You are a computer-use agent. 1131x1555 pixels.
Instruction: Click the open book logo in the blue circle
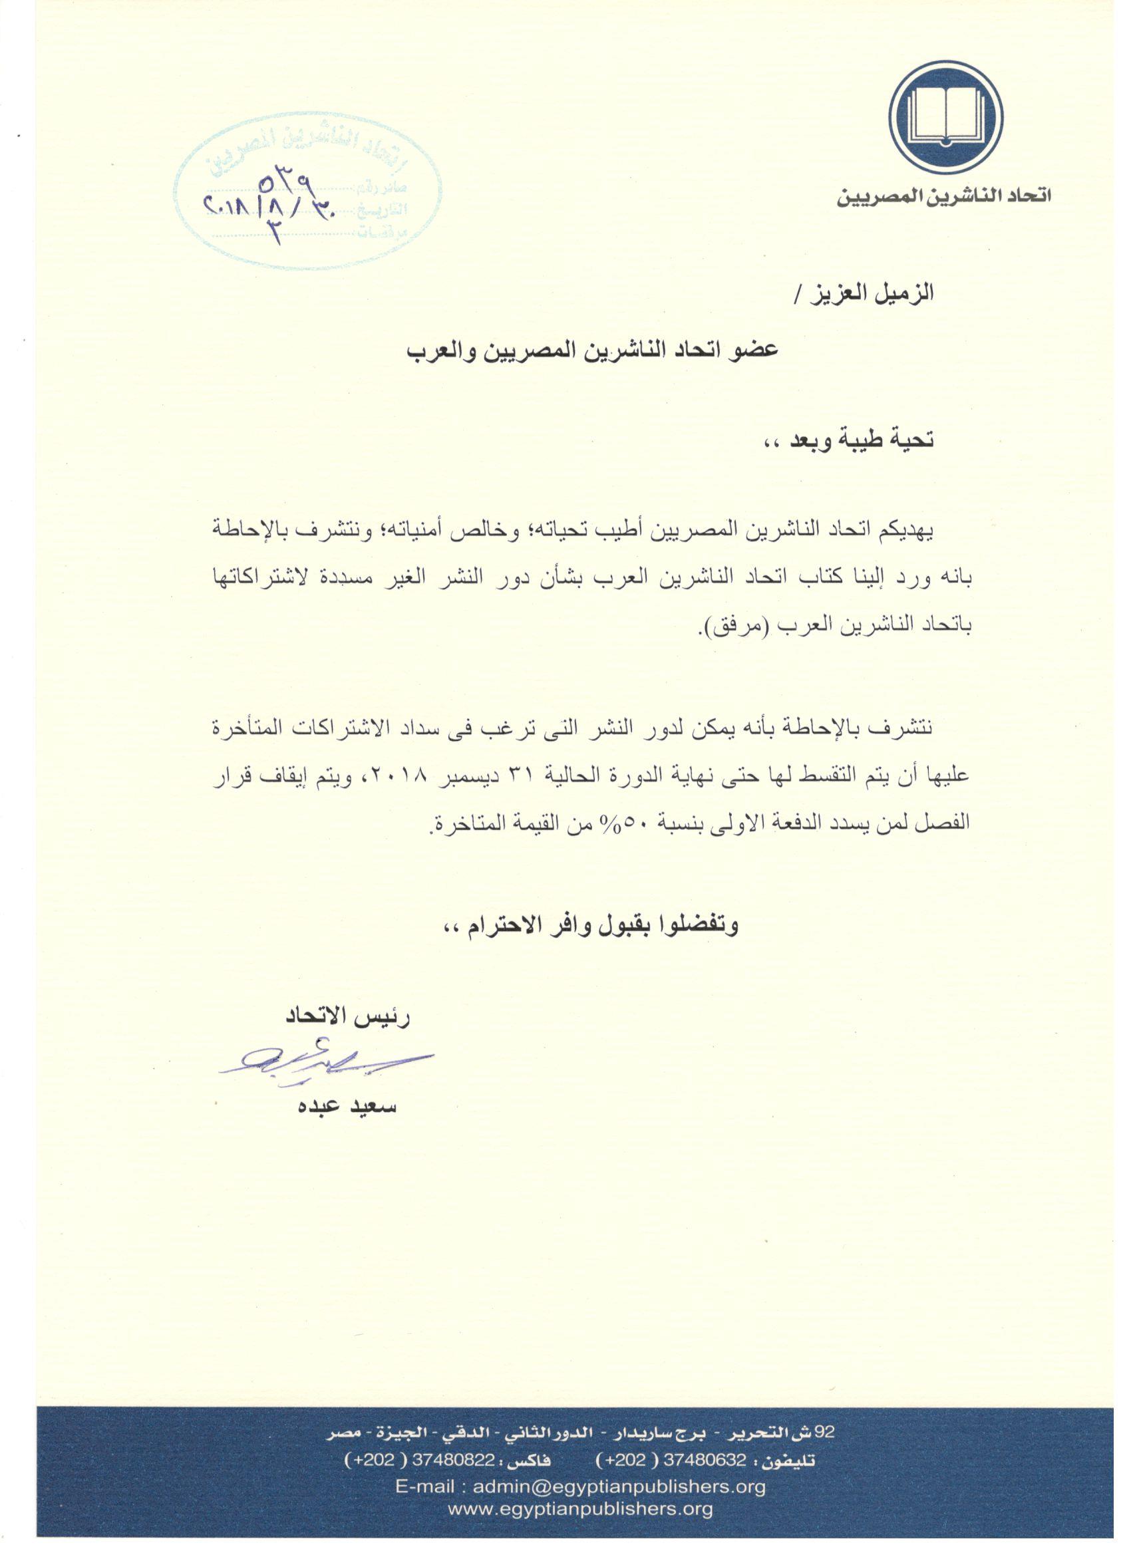click(946, 118)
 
